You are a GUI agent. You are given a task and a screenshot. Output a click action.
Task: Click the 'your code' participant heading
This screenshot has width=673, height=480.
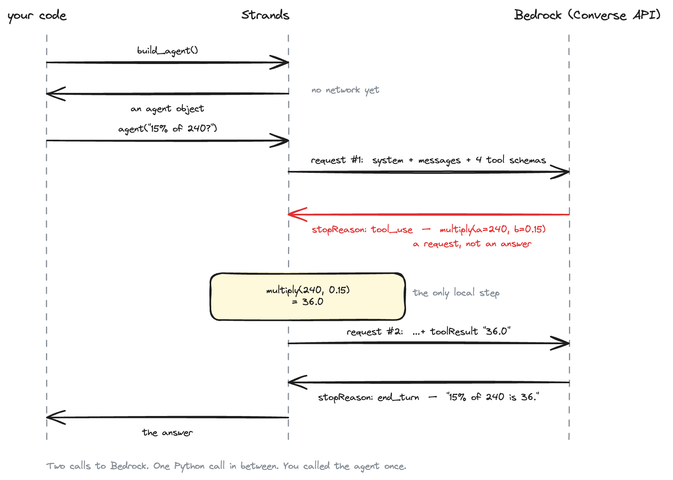(37, 16)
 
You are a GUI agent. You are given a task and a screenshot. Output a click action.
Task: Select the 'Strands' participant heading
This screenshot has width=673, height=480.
(265, 15)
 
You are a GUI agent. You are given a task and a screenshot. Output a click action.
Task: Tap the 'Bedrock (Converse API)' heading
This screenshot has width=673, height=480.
(587, 15)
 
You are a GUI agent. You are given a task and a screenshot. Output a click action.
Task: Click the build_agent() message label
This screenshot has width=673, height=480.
(168, 50)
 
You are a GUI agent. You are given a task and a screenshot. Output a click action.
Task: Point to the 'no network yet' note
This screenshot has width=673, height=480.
(345, 90)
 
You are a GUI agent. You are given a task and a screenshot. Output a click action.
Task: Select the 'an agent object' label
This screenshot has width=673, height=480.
(167, 108)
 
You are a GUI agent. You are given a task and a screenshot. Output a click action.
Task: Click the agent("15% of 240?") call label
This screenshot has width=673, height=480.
(168, 128)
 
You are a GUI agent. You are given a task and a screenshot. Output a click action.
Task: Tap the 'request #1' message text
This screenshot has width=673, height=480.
(428, 160)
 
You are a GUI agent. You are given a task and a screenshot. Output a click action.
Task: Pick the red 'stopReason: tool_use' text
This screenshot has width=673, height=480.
(362, 229)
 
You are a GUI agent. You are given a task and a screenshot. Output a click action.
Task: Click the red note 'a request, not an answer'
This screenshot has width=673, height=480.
(472, 244)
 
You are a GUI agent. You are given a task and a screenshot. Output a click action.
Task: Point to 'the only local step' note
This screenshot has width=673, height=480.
(456, 293)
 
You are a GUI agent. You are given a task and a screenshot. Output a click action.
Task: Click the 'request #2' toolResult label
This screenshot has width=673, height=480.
(429, 331)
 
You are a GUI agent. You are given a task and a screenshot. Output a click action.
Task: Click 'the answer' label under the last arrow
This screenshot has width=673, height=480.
(167, 432)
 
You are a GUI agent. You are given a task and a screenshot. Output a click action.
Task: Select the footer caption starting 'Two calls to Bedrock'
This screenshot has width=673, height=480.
(226, 466)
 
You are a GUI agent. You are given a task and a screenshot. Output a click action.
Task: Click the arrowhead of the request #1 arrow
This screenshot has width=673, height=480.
(565, 172)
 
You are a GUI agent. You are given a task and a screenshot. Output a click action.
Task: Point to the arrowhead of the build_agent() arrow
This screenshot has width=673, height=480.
(284, 62)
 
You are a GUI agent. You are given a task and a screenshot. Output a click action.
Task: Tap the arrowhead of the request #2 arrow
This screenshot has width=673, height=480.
(565, 343)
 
